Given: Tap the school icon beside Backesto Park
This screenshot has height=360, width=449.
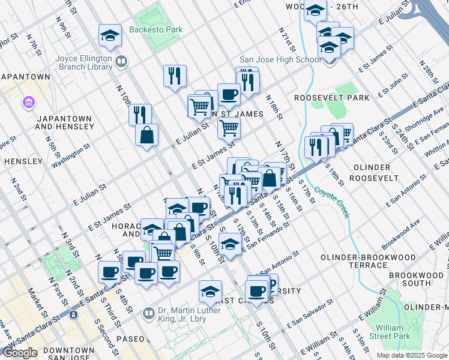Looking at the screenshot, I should [x=110, y=36].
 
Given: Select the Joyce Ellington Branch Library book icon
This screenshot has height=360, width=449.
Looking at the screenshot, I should [x=121, y=61].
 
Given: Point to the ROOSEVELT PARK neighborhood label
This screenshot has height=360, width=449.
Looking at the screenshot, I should [x=323, y=97].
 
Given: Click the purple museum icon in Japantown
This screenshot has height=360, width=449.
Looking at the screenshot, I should [x=28, y=103].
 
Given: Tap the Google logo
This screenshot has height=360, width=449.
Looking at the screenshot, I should [x=20, y=353].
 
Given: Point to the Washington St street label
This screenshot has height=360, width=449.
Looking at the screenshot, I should [x=71, y=155].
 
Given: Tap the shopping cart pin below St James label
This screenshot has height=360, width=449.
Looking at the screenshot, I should [x=228, y=127].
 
